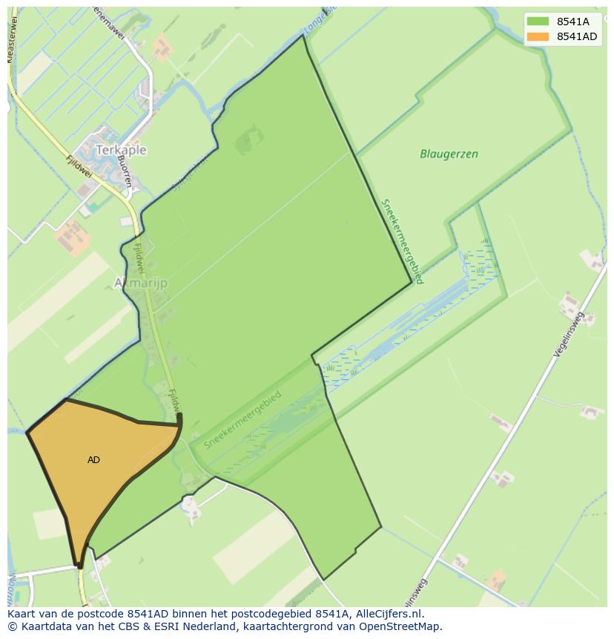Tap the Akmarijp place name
pos(141,283)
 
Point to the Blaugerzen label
pos(449,154)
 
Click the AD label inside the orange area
pos(93,460)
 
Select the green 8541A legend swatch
pos(538,22)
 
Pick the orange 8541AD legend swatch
pos(538,37)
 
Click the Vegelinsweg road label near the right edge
pos(570,335)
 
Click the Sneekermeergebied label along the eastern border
pos(402,240)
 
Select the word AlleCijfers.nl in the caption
pos(388,615)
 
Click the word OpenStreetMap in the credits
pos(406,626)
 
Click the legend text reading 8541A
pos(573,22)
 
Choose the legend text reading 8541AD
pos(577,37)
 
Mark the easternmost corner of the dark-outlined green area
pos(412,282)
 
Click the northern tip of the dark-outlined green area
pos(303,35)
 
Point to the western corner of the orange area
pos(27,431)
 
